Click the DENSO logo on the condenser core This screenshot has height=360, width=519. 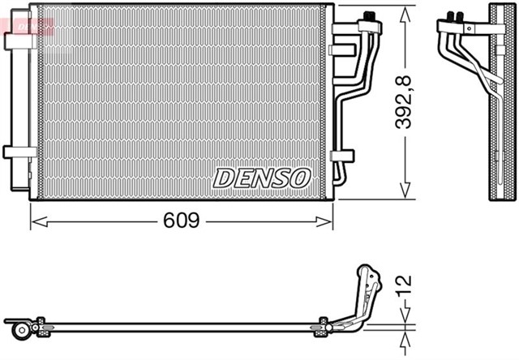[262, 177]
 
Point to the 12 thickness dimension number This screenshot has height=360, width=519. [404, 285]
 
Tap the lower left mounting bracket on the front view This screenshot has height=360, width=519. [14, 152]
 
